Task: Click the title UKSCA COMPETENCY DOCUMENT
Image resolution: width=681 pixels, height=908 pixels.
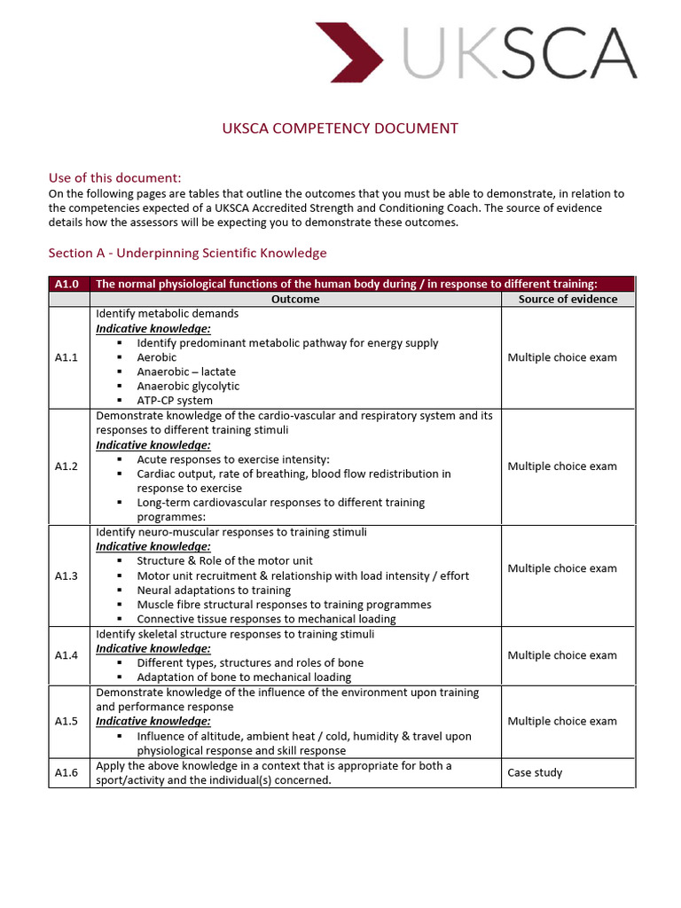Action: coord(340,129)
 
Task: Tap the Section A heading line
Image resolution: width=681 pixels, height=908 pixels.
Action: coord(187,253)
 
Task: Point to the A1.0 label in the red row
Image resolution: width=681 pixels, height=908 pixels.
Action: coord(67,284)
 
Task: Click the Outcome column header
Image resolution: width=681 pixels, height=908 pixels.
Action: coord(295,299)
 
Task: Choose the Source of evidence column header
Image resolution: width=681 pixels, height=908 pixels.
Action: coord(567,299)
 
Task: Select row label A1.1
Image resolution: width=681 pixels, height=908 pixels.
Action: coord(67,357)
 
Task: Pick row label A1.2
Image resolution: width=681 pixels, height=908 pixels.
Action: coord(67,466)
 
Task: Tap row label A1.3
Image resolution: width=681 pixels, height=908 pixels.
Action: coord(67,575)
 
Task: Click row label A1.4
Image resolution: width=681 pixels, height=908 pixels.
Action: coord(67,655)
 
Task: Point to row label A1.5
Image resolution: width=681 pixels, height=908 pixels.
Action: coord(67,721)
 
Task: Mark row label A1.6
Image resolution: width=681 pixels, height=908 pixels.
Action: coord(67,772)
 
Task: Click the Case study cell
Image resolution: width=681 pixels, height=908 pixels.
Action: coord(535,772)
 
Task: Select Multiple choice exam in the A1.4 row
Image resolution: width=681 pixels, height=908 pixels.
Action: coord(562,655)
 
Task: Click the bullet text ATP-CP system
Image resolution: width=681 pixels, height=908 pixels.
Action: coord(175,401)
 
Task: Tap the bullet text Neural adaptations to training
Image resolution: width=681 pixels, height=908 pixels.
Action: coord(214,590)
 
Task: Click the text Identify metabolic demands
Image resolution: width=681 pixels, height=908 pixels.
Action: coord(167,313)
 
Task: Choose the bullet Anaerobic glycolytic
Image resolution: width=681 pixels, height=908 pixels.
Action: coord(188,386)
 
